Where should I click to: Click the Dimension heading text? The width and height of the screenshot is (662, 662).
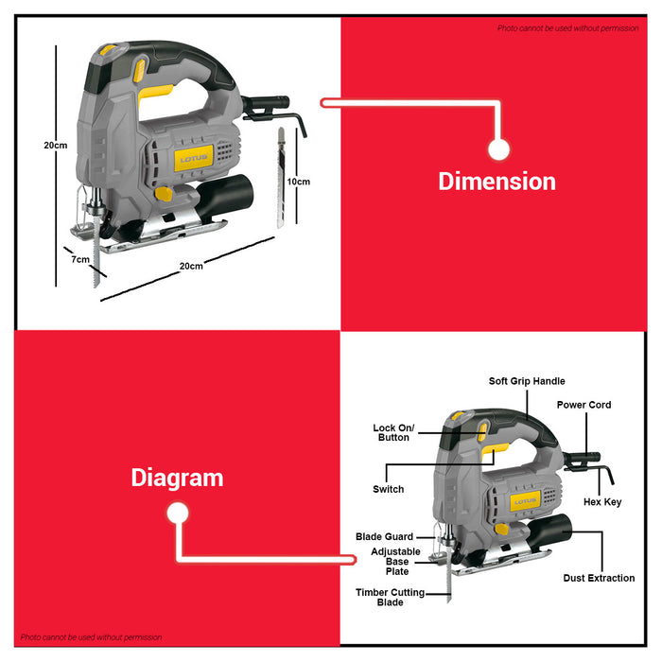pyautogui.click(x=496, y=181)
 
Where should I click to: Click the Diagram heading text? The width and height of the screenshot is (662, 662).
pyautogui.click(x=177, y=478)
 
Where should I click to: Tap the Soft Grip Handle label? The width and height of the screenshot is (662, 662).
pyautogui.click(x=527, y=381)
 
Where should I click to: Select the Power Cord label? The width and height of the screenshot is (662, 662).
pyautogui.click(x=584, y=405)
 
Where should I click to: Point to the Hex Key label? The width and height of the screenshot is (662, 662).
pyautogui.click(x=602, y=502)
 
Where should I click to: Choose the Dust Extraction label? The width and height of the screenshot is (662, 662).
pyautogui.click(x=599, y=578)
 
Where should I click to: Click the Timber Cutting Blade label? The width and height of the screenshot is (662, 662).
pyautogui.click(x=391, y=598)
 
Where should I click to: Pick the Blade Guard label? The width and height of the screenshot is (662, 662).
pyautogui.click(x=384, y=537)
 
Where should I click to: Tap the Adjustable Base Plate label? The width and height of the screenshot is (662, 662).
pyautogui.click(x=395, y=561)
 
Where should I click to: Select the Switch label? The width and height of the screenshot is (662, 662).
pyautogui.click(x=388, y=489)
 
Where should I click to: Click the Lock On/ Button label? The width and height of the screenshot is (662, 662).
pyautogui.click(x=391, y=432)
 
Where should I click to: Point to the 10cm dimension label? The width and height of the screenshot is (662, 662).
pyautogui.click(x=299, y=181)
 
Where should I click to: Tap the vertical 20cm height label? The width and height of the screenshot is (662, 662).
pyautogui.click(x=56, y=146)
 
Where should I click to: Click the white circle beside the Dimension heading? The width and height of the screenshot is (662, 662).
pyautogui.click(x=499, y=148)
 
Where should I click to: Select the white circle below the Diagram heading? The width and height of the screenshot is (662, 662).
pyautogui.click(x=177, y=514)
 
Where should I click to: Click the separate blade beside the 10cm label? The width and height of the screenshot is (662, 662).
pyautogui.click(x=281, y=180)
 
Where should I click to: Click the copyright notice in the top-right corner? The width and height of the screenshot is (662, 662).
pyautogui.click(x=567, y=28)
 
